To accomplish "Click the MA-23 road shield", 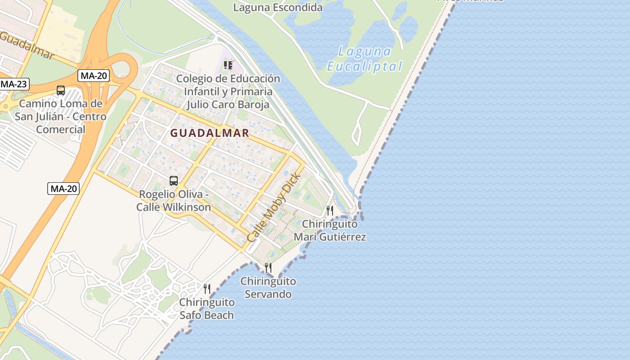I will [13, 84].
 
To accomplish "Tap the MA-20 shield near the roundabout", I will [94, 76].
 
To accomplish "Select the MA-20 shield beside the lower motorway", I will [63, 189].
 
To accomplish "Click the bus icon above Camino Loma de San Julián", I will [61, 90].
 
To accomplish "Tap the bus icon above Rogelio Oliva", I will [174, 181].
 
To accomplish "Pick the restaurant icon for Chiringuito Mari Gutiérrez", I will [330, 210].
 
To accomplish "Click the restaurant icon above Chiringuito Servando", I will [268, 268].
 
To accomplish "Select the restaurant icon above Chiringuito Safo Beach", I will [207, 288].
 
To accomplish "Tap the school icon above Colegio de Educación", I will [228, 66].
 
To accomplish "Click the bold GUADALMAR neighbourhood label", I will [210, 133].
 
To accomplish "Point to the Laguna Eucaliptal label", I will [364, 59].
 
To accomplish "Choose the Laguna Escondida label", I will [278, 8].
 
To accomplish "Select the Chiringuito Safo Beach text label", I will [207, 309].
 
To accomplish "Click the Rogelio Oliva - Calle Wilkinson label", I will [174, 201].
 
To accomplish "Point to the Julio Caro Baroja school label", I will [228, 92].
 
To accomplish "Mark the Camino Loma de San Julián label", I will [61, 117].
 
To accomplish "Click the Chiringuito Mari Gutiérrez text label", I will [330, 230].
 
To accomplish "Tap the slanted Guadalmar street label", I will [27, 45].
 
